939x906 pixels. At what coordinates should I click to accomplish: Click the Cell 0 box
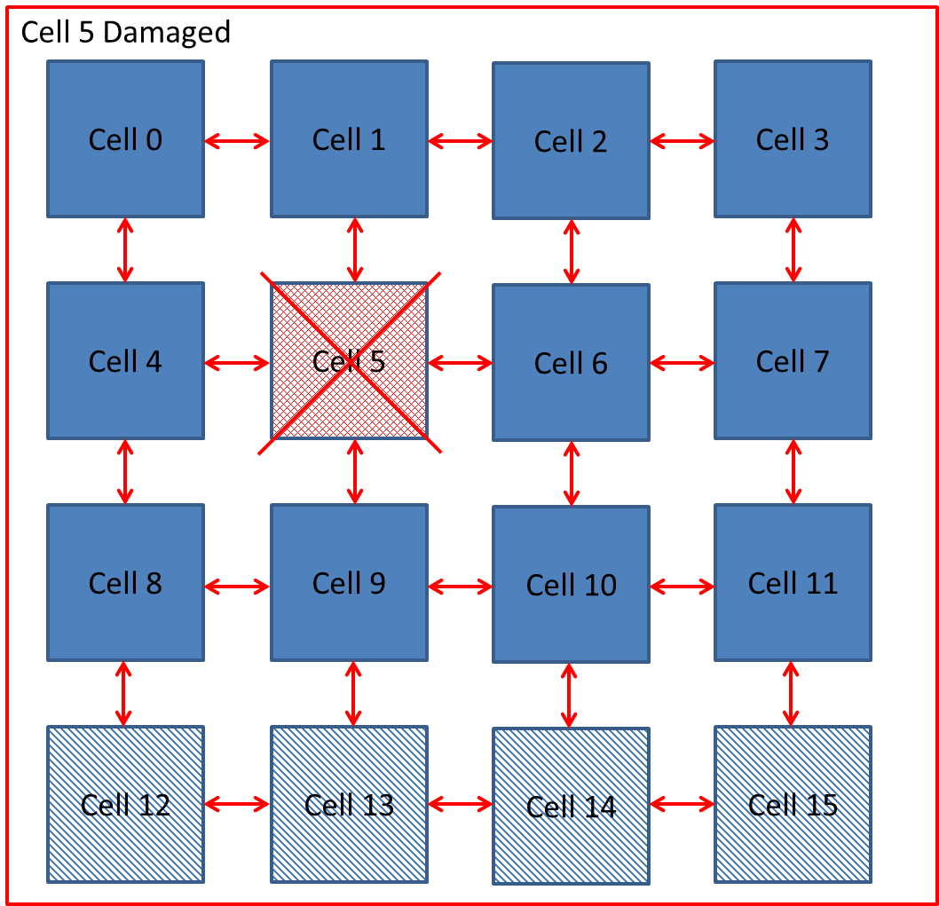pyautogui.click(x=125, y=138)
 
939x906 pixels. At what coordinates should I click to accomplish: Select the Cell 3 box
pyautogui.click(x=793, y=138)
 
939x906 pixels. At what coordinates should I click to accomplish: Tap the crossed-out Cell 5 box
pyautogui.click(x=349, y=361)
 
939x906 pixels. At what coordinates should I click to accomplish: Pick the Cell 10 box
pyautogui.click(x=571, y=585)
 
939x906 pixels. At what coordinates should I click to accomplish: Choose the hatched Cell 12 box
pyautogui.click(x=125, y=804)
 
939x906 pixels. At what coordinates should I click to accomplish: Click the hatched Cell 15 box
pyautogui.click(x=793, y=804)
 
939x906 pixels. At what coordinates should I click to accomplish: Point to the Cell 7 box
pyautogui.click(x=793, y=360)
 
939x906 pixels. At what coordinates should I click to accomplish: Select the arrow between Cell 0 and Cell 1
pyautogui.click(x=237, y=140)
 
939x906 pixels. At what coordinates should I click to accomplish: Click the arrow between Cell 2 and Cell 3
pyautogui.click(x=682, y=140)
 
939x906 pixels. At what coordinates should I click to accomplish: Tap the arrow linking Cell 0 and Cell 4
pyautogui.click(x=125, y=249)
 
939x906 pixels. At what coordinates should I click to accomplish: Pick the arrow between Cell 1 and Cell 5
pyautogui.click(x=355, y=249)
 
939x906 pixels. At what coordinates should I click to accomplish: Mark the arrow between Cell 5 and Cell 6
pyautogui.click(x=460, y=362)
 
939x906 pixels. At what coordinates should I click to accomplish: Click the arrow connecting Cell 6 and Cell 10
pyautogui.click(x=571, y=473)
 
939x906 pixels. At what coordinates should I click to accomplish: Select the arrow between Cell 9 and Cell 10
pyautogui.click(x=460, y=586)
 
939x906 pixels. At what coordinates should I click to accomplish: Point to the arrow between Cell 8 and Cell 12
pyautogui.click(x=123, y=693)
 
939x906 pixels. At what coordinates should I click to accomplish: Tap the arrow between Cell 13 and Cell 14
pyautogui.click(x=460, y=804)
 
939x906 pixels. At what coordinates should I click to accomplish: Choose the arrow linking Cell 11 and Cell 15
pyautogui.click(x=790, y=693)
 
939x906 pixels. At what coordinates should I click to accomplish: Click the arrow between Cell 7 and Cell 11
pyautogui.click(x=793, y=472)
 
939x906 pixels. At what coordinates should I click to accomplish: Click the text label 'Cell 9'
pyautogui.click(x=349, y=583)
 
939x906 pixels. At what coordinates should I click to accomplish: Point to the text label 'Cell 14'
pyautogui.click(x=571, y=807)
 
